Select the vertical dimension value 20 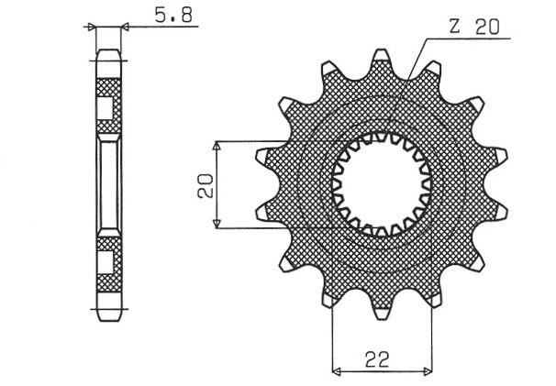point(205,186)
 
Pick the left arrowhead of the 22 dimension point(336,372)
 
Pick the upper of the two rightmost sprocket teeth point(500,155)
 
